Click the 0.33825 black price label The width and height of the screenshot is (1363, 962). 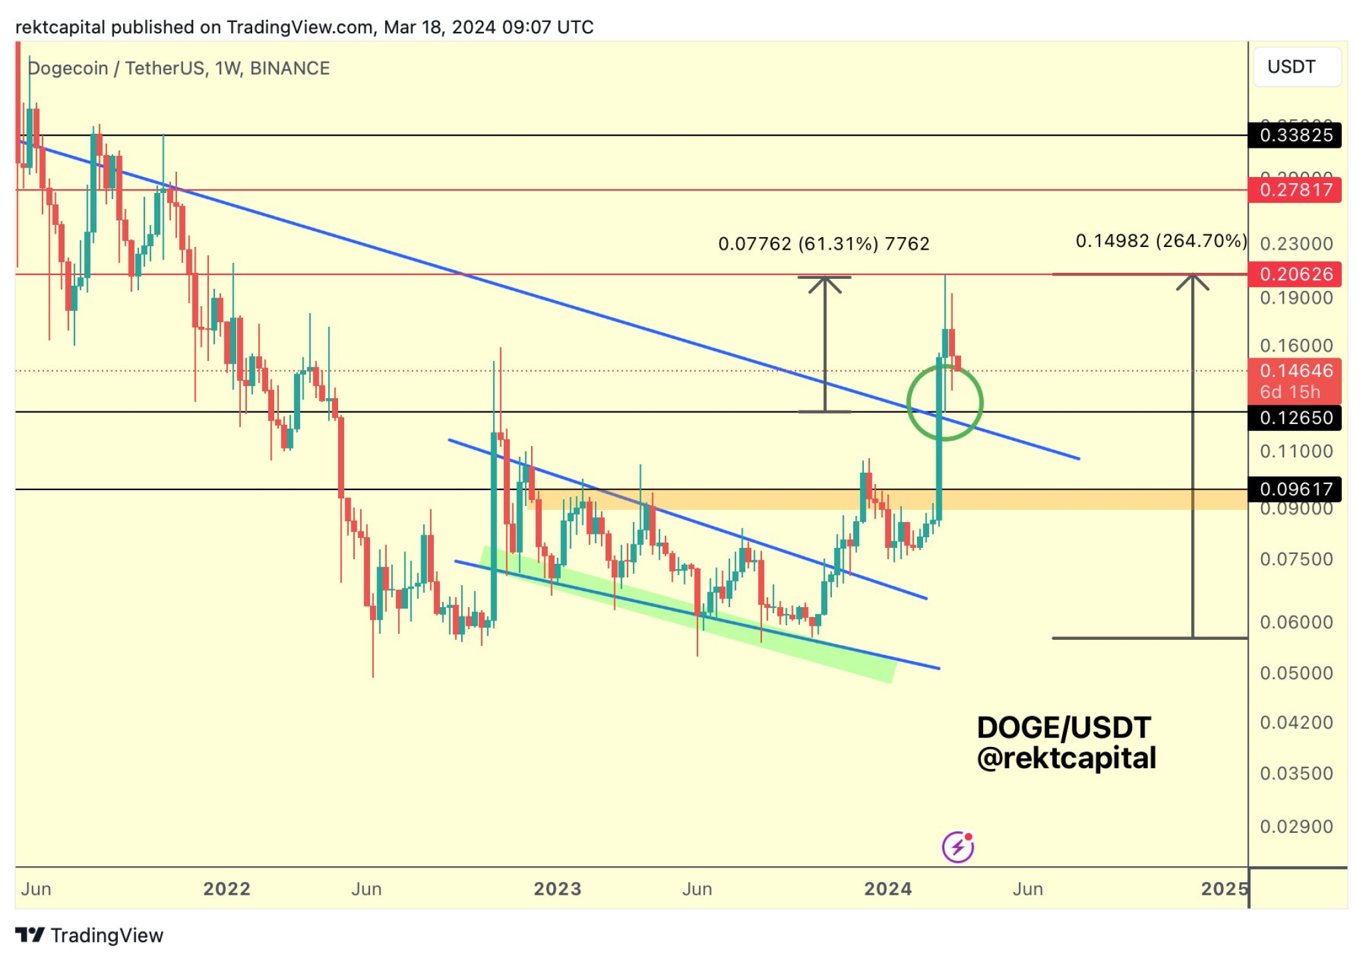pyautogui.click(x=1295, y=135)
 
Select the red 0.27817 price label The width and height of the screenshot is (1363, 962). pyautogui.click(x=1295, y=190)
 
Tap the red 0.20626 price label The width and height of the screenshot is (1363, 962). pyautogui.click(x=1295, y=274)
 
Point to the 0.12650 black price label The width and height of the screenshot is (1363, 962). pyautogui.click(x=1295, y=417)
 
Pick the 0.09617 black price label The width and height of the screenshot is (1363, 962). pyautogui.click(x=1295, y=489)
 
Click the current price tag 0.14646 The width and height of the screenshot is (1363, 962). pyautogui.click(x=1295, y=371)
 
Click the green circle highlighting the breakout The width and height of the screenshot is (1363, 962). pyautogui.click(x=944, y=403)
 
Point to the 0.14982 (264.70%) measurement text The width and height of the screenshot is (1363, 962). pyautogui.click(x=1161, y=240)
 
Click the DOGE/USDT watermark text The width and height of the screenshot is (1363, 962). pyautogui.click(x=1064, y=728)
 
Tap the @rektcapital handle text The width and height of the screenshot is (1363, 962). pyautogui.click(x=1066, y=758)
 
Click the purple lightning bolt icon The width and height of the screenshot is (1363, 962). pyautogui.click(x=958, y=847)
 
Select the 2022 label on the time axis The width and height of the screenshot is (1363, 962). pyautogui.click(x=226, y=889)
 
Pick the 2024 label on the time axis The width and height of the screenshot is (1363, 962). pyautogui.click(x=887, y=889)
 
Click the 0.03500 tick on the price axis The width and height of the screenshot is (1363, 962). pyautogui.click(x=1296, y=774)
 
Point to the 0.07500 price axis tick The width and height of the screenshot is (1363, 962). pyautogui.click(x=1296, y=559)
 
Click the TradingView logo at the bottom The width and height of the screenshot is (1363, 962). pyautogui.click(x=89, y=935)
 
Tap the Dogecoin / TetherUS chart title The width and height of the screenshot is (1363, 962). pyautogui.click(x=178, y=68)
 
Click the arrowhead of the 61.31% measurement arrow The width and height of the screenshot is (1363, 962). pyautogui.click(x=825, y=283)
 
